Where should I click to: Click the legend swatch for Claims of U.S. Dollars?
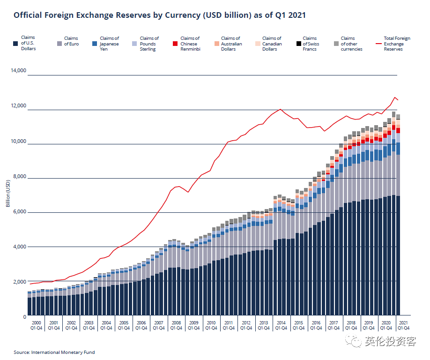pyautogui.click(x=16, y=44)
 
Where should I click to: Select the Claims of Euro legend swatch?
pyautogui.click(x=59, y=44)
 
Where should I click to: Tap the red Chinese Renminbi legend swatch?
pyautogui.click(x=175, y=44)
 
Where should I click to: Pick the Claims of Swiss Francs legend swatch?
pyautogui.click(x=298, y=44)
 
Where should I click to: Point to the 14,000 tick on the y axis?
pyautogui.click(x=18, y=71)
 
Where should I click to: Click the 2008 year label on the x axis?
pyautogui.click(x=175, y=323)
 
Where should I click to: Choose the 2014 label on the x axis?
pyautogui.click(x=280, y=323)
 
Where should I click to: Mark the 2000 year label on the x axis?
pyautogui.click(x=36, y=323)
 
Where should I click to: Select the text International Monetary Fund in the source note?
pyautogui.click(x=63, y=352)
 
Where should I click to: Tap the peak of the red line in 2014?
pyautogui.click(x=280, y=109)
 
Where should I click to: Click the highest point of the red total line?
pyautogui.click(x=395, y=97)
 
